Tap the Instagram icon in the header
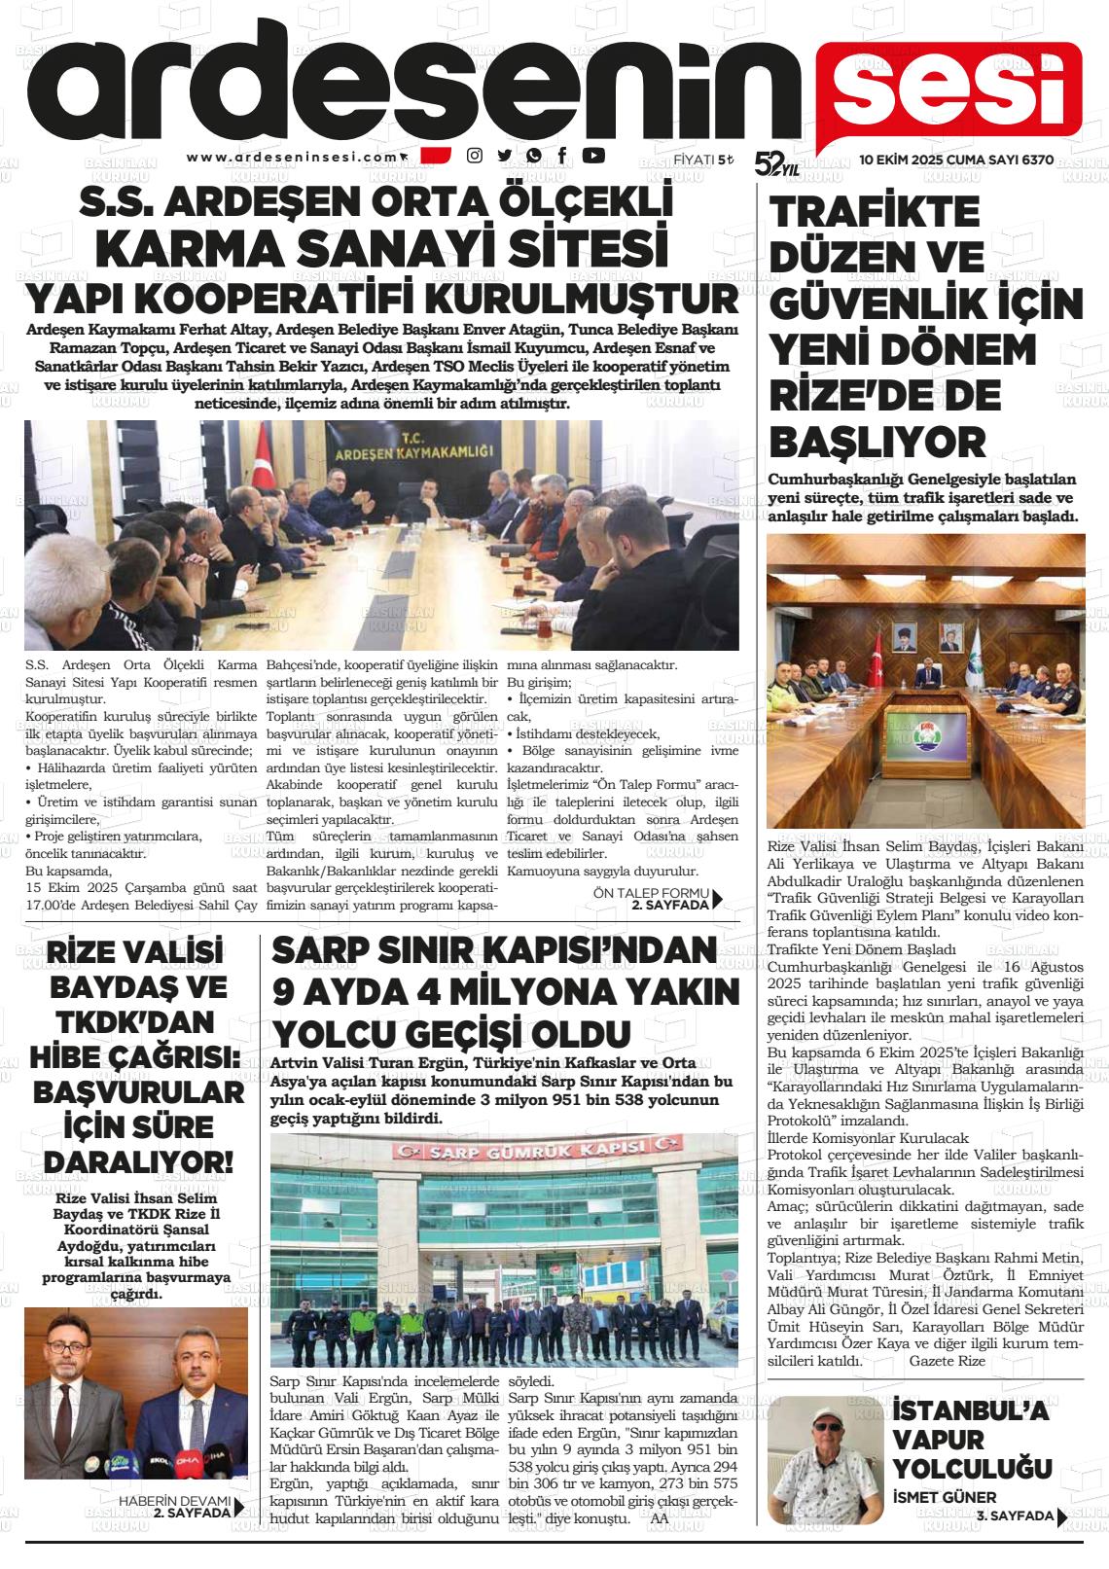pos(475,156)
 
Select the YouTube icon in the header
pos(593,155)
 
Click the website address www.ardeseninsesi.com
pos(293,157)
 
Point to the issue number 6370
pos(1033,160)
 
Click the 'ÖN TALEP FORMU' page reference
pos(657,893)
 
